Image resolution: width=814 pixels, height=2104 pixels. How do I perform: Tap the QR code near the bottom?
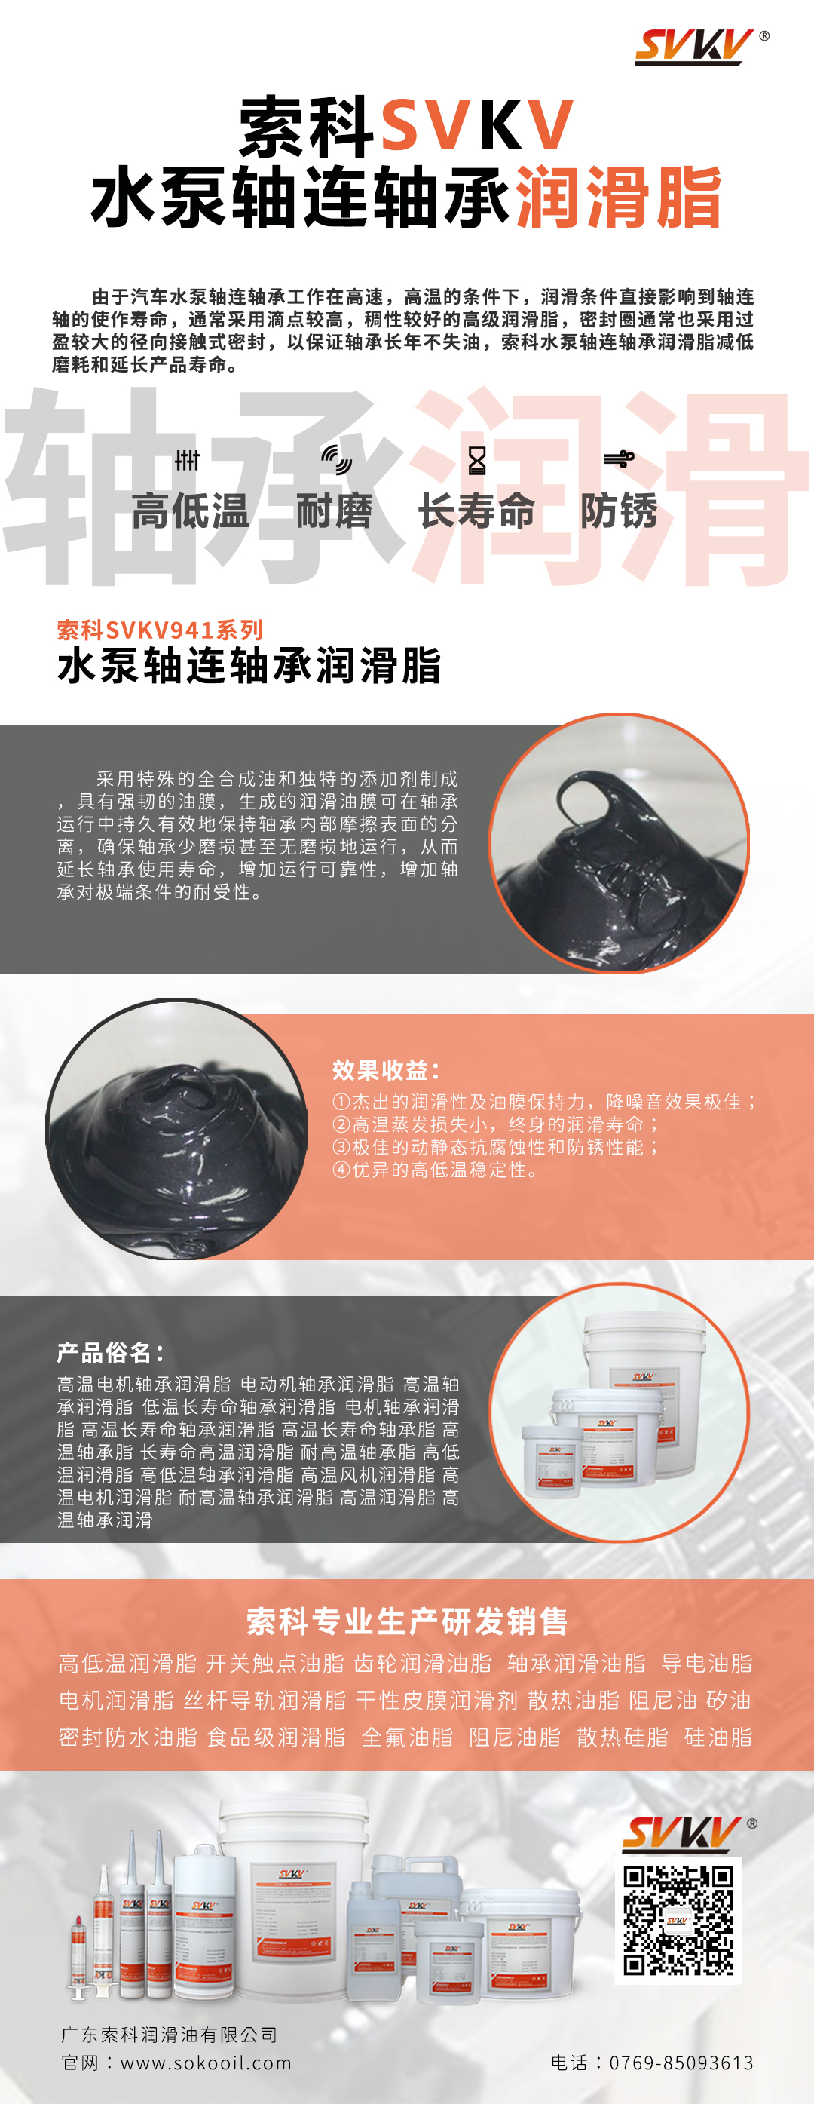(x=678, y=1920)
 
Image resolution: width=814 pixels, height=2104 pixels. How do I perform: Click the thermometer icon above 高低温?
(x=187, y=460)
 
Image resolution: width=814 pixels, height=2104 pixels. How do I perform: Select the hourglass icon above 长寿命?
(x=477, y=461)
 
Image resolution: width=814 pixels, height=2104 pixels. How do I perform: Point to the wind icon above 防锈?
(x=619, y=459)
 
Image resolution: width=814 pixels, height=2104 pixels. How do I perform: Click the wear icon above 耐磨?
(x=335, y=459)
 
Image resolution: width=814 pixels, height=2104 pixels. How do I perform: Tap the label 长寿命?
(x=477, y=511)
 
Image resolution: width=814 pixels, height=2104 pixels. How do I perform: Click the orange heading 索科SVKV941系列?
(x=160, y=630)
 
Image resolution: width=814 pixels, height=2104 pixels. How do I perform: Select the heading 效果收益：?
(x=387, y=1070)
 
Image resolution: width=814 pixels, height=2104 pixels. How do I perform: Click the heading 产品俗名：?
(x=111, y=1353)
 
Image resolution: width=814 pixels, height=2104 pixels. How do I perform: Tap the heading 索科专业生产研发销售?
(x=406, y=1621)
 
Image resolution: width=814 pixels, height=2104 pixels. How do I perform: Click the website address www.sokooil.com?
(x=206, y=2063)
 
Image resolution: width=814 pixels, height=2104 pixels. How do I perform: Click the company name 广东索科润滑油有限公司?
(x=169, y=2034)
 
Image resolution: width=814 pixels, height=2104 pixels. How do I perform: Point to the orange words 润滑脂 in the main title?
(x=619, y=197)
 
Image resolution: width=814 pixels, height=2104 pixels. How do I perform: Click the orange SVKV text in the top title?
(x=477, y=125)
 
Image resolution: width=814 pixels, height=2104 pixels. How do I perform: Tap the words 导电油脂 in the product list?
(x=707, y=1663)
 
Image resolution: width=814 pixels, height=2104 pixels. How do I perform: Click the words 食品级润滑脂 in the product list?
(x=277, y=1737)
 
